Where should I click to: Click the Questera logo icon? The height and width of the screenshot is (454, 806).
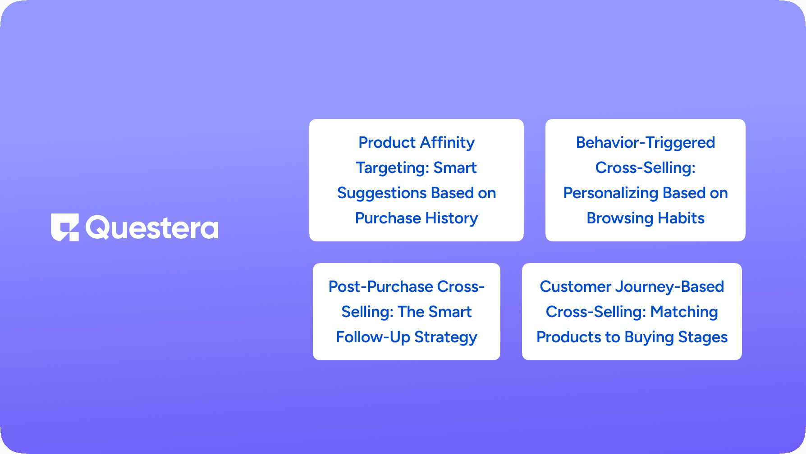(65, 227)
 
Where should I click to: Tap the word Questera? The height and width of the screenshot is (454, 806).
(152, 227)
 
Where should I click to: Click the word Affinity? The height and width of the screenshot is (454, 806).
(447, 142)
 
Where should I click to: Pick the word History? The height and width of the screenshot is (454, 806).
(452, 218)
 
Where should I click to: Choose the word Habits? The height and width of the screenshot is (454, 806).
(681, 218)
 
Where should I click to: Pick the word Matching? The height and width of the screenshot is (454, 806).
(684, 312)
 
